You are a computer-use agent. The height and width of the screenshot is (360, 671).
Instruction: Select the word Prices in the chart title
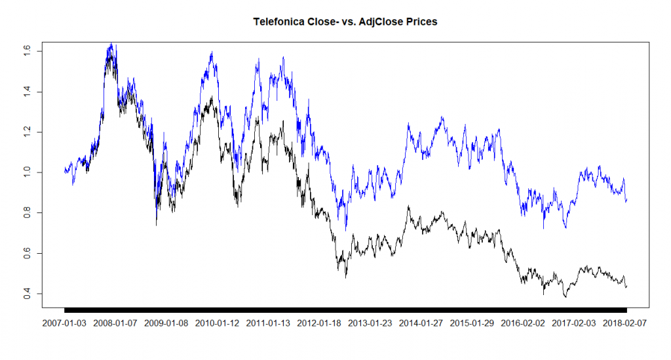click(419, 22)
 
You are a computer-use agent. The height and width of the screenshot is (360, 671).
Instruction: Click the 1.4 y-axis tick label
click(28, 92)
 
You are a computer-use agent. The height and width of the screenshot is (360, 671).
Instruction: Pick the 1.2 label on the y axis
click(28, 132)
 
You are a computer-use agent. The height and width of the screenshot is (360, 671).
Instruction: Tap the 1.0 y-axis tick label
click(28, 172)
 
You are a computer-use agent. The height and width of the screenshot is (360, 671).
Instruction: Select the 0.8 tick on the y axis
click(28, 212)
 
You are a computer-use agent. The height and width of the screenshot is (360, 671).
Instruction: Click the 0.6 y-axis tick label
click(28, 253)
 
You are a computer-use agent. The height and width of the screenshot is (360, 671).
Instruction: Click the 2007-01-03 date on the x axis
click(64, 323)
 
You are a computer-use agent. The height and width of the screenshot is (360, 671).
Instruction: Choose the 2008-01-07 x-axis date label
click(115, 323)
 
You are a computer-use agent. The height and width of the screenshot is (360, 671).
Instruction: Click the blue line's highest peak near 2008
click(111, 44)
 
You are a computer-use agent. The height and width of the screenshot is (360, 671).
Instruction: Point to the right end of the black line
click(626, 286)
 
